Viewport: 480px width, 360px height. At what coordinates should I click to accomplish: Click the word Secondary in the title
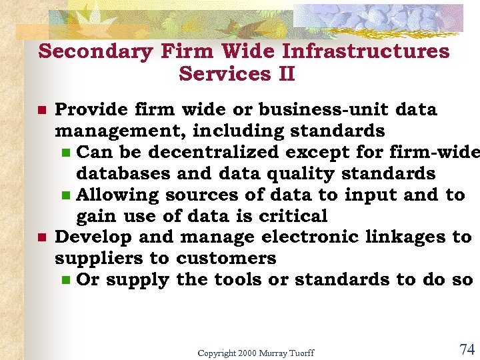96,51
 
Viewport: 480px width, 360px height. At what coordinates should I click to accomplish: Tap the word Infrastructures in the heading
366,51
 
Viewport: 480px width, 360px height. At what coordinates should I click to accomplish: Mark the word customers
227,258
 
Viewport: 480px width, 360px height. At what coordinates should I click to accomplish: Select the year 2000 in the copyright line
246,353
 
